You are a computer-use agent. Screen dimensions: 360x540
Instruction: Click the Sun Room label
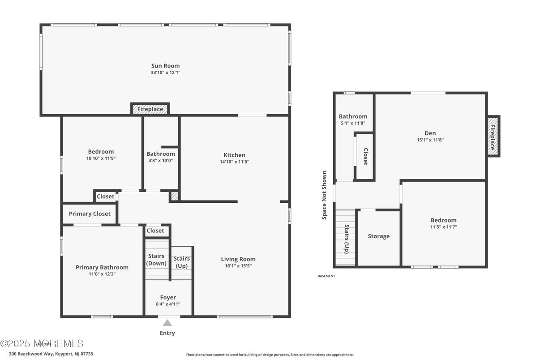[x=165, y=66]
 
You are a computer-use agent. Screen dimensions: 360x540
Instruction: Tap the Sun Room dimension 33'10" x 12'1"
[x=165, y=73]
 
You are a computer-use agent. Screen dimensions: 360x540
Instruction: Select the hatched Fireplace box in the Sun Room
[x=150, y=109]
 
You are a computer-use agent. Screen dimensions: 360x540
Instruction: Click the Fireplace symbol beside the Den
[x=493, y=136]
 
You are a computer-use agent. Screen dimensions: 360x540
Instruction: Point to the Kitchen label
[x=234, y=155]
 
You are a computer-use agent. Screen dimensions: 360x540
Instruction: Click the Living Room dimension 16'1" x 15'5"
[x=238, y=266]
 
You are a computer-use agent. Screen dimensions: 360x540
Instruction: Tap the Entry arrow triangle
[x=167, y=323]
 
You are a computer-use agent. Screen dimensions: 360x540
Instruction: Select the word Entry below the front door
[x=167, y=333]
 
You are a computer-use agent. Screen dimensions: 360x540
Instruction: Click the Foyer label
[x=168, y=297]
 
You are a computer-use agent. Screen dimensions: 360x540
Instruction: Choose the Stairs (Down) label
[x=156, y=260]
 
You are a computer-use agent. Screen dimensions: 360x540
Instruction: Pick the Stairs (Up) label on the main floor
[x=181, y=262]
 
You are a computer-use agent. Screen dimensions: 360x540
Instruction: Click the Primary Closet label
[x=90, y=214]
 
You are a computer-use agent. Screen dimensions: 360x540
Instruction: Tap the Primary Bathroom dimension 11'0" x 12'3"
[x=102, y=274]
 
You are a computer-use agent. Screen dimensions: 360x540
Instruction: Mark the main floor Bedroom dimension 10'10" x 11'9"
[x=101, y=159]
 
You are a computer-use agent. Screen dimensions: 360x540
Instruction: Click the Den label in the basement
[x=430, y=133]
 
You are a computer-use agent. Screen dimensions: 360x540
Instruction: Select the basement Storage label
[x=379, y=236]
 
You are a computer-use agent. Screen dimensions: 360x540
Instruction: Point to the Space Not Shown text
[x=324, y=195]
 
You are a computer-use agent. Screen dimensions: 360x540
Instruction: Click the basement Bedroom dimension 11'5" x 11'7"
[x=443, y=227]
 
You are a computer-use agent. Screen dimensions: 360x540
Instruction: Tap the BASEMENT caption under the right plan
[x=326, y=276]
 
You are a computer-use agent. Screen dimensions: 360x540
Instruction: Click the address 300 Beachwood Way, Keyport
[x=51, y=354]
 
